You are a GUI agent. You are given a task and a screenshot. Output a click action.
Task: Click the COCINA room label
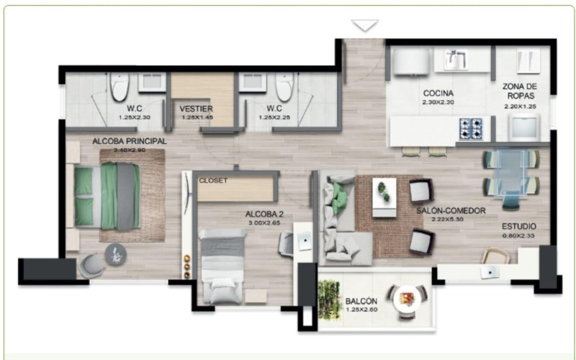(x=437, y=93)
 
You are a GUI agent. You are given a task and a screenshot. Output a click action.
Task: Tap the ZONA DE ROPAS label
(x=520, y=91)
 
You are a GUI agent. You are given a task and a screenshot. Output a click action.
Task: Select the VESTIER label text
(x=196, y=109)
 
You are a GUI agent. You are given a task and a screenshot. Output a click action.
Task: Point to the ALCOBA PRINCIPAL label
(x=130, y=141)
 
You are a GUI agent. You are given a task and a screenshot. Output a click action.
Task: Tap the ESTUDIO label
(x=518, y=226)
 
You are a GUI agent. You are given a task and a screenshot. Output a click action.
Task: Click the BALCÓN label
(x=360, y=301)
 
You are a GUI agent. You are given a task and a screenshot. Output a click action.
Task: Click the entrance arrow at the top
(x=365, y=26)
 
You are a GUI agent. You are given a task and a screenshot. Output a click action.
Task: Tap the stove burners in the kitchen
(x=472, y=128)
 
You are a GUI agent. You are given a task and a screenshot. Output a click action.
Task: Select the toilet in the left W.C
(x=120, y=87)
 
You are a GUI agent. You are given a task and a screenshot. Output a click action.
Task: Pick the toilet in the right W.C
(x=284, y=87)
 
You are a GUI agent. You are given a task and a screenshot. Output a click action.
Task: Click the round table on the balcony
(x=408, y=298)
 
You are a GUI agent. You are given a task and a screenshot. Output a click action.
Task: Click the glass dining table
(x=510, y=174)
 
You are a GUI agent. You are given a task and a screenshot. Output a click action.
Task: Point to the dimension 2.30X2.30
(x=437, y=102)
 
